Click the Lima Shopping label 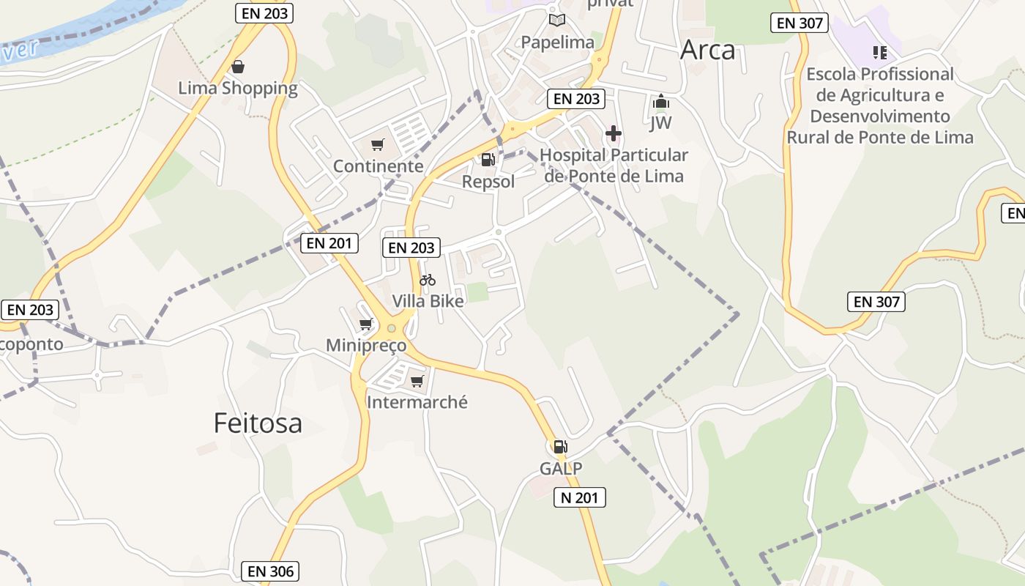pyautogui.click(x=238, y=89)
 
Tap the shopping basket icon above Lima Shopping pyautogui.click(x=238, y=67)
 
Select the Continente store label pyautogui.click(x=378, y=166)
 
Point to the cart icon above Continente pyautogui.click(x=378, y=145)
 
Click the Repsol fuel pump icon pyautogui.click(x=488, y=159)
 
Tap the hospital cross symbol pyautogui.click(x=614, y=134)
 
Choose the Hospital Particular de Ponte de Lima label pyautogui.click(x=614, y=166)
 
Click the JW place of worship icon pyautogui.click(x=660, y=102)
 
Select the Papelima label pyautogui.click(x=557, y=42)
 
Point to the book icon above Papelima pyautogui.click(x=557, y=21)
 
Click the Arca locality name pyautogui.click(x=707, y=50)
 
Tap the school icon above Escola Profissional pyautogui.click(x=880, y=52)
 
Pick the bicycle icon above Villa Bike pyautogui.click(x=428, y=280)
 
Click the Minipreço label pyautogui.click(x=366, y=346)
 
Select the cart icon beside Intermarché pyautogui.click(x=417, y=381)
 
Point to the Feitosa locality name pyautogui.click(x=258, y=423)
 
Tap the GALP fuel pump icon pyautogui.click(x=561, y=446)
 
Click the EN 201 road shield pyautogui.click(x=329, y=243)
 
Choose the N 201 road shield pyautogui.click(x=579, y=498)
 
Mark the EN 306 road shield pyautogui.click(x=270, y=571)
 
